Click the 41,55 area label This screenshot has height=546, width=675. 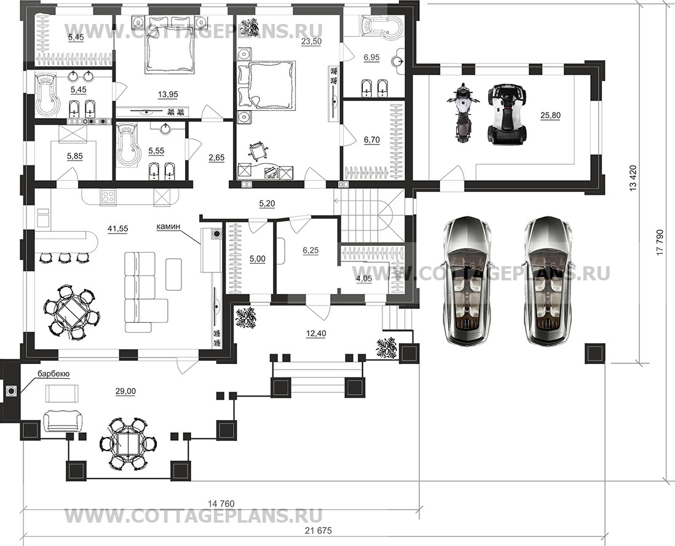tap(117, 229)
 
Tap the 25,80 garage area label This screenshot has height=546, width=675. tap(551, 115)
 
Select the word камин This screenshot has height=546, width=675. tap(168, 226)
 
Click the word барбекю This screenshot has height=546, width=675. tap(53, 374)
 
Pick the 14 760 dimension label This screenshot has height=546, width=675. tap(221, 504)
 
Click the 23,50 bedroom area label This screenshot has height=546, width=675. tap(312, 41)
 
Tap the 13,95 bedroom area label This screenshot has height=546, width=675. tap(168, 94)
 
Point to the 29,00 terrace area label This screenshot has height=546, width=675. tap(125, 391)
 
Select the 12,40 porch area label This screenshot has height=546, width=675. tap(317, 333)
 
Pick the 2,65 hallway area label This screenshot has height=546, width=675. tap(216, 157)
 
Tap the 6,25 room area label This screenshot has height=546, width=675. tap(311, 250)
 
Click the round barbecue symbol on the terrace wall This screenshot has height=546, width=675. tap(11, 391)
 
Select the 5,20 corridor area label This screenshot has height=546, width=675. tap(267, 204)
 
